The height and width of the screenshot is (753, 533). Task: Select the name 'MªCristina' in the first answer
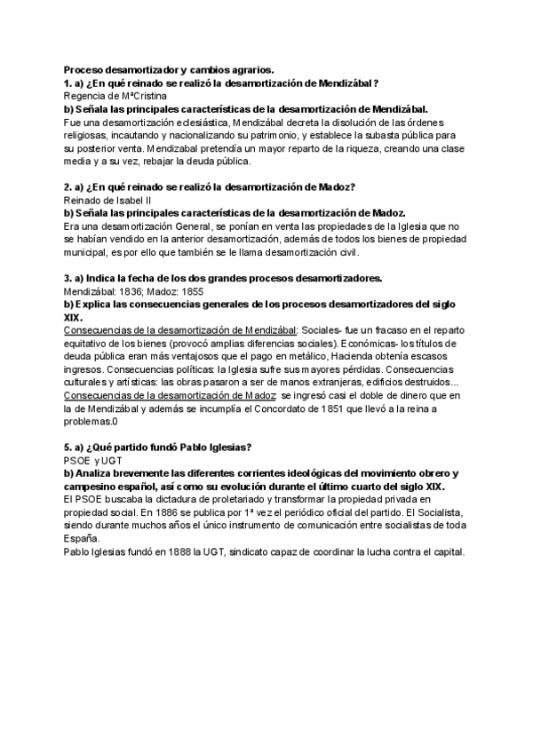(x=142, y=95)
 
